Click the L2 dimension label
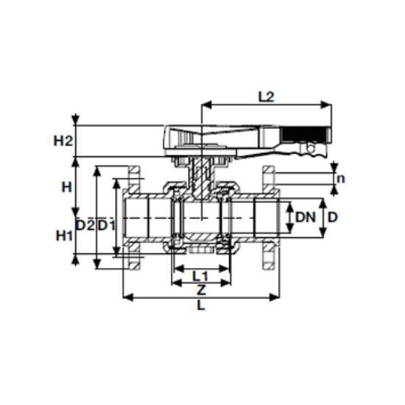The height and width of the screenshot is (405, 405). coord(266,96)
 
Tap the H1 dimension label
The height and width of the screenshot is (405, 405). coord(65,236)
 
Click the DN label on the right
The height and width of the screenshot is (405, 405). coord(306,217)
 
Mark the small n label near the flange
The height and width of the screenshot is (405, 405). coord(340,178)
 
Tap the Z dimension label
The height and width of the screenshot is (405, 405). coord(200,290)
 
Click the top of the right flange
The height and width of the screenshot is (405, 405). coord(270,174)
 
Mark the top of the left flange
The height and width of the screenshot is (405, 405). coord(134,174)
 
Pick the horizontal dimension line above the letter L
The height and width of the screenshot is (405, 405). coord(201,297)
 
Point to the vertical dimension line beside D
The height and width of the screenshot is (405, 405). coord(322,219)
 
